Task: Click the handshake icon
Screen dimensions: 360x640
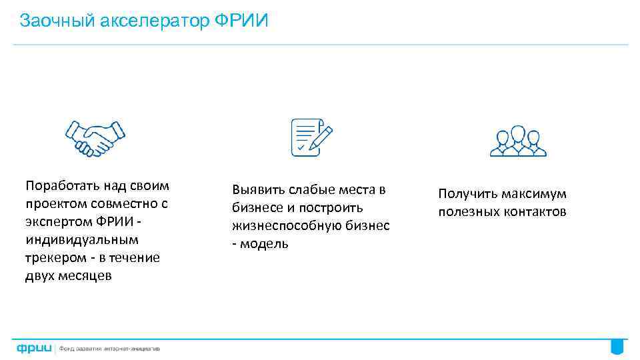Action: [95, 138]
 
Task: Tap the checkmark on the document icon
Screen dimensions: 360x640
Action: [301, 145]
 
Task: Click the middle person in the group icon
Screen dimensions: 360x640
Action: [518, 138]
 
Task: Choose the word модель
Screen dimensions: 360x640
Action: [264, 243]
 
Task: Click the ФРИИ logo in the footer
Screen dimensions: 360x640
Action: [35, 348]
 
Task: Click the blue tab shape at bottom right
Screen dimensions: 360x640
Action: [617, 347]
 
